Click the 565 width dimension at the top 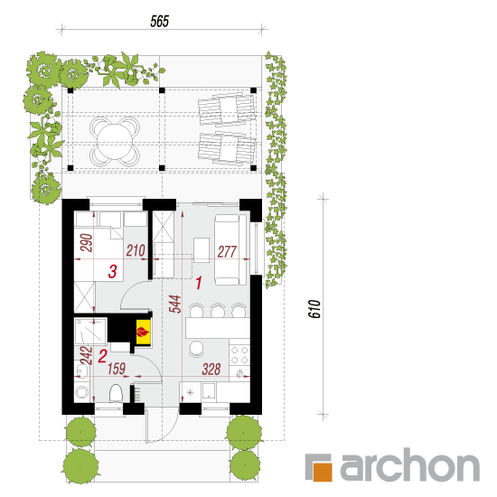159,22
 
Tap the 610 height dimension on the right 314,308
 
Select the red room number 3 113,272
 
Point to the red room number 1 199,283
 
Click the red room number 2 102,356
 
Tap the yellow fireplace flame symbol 143,333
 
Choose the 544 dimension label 174,304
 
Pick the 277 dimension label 227,252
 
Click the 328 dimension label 211,370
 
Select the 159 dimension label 117,369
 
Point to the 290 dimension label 87,243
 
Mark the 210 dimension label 136,250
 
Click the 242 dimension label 86,356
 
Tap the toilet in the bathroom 116,394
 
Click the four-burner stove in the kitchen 239,355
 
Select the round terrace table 115,141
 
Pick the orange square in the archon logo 323,472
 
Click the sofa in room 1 230,249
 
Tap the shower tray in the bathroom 90,332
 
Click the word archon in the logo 410,465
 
